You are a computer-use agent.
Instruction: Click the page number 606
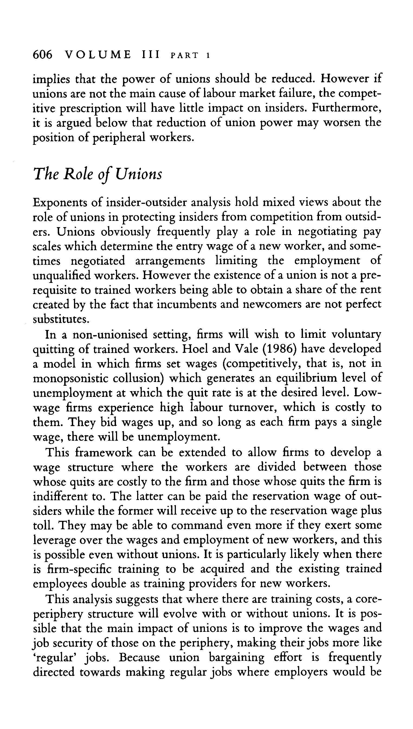coord(43,55)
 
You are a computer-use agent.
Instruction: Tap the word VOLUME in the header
coord(98,55)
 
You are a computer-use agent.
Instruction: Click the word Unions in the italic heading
coord(139,174)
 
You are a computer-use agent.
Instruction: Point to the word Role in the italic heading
coord(78,174)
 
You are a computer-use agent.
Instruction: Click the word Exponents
coord(67,202)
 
